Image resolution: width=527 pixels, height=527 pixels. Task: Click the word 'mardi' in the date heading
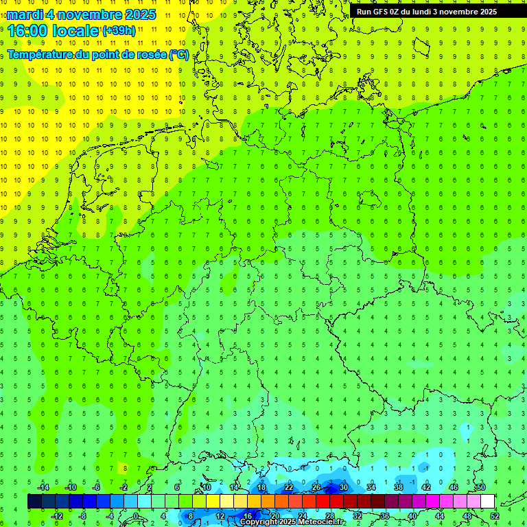(x=25, y=14)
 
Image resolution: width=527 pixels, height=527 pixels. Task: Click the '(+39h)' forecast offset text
(x=119, y=30)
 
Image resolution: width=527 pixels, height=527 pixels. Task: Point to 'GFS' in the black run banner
(x=382, y=12)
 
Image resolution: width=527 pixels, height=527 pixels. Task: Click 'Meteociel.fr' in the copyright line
(x=320, y=522)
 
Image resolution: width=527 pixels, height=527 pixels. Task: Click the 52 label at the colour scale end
(x=495, y=515)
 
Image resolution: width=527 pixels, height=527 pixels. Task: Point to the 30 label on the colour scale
(x=343, y=487)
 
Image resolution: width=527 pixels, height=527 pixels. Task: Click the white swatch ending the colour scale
(x=487, y=502)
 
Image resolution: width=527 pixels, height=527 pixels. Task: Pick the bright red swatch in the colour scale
(x=323, y=502)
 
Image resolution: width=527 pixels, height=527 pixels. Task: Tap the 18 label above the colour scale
(x=261, y=487)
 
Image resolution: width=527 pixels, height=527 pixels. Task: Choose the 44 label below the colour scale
(x=440, y=515)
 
